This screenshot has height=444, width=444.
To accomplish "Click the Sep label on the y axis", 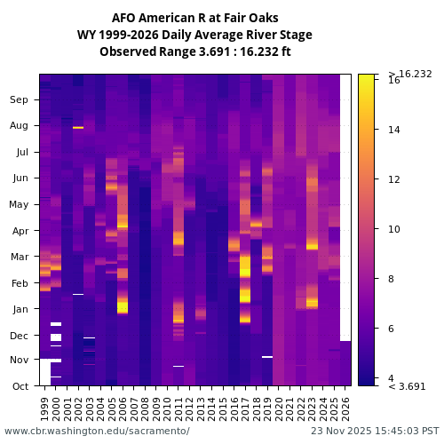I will click(20, 100).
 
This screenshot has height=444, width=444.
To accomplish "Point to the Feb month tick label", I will click(20, 283).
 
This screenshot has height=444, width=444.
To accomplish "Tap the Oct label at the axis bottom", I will click(20, 386).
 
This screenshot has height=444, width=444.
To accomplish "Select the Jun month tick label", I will click(20, 178).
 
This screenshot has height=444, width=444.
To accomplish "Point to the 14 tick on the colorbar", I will click(393, 130).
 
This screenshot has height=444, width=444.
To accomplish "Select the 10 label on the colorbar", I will click(393, 229).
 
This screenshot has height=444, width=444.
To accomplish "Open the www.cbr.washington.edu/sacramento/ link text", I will click(97, 431).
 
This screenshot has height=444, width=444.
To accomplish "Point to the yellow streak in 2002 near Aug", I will click(78, 128).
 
